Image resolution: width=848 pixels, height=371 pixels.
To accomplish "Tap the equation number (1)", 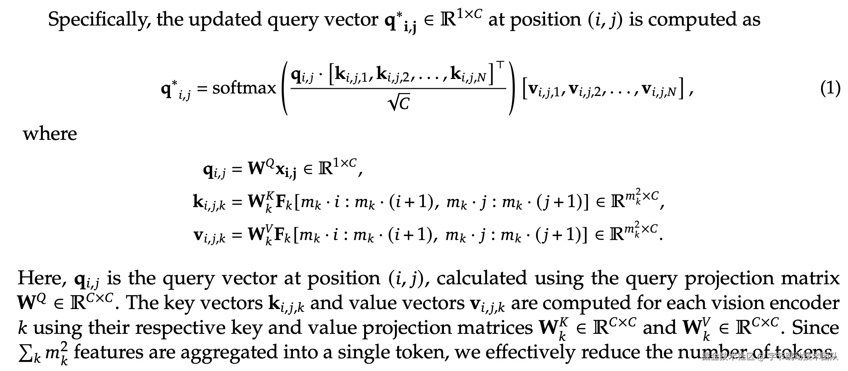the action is coord(830,88).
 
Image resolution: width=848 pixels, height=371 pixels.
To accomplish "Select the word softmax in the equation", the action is coord(244,88).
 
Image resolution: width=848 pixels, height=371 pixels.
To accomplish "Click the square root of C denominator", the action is coord(398,104).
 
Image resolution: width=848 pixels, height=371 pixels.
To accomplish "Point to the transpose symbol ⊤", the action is coord(500,65).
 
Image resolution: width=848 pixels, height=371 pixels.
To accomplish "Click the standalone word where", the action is coord(50,134).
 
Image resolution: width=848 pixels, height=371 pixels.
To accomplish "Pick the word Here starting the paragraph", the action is coord(42,278).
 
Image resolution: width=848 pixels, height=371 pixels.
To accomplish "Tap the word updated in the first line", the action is coord(224,20).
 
